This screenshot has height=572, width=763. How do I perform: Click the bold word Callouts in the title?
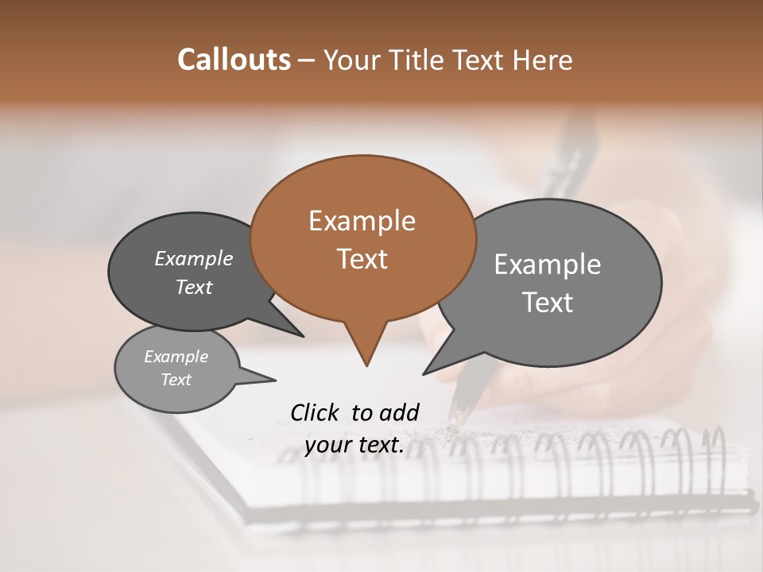[x=234, y=60]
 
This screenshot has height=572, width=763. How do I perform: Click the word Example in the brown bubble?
[x=362, y=221]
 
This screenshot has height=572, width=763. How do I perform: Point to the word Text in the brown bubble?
[x=362, y=259]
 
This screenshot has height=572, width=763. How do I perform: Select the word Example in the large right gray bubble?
[x=548, y=265]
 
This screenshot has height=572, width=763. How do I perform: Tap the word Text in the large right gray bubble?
[x=548, y=303]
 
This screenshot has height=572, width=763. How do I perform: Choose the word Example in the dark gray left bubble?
[x=193, y=258]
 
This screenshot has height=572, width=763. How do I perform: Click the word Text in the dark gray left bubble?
[x=193, y=287]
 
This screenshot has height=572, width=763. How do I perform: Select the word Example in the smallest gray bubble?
[x=176, y=357]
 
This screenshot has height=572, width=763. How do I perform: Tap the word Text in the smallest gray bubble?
[x=176, y=380]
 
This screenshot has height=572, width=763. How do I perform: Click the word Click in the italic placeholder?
[x=314, y=412]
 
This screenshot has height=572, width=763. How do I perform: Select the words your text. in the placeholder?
[x=354, y=446]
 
